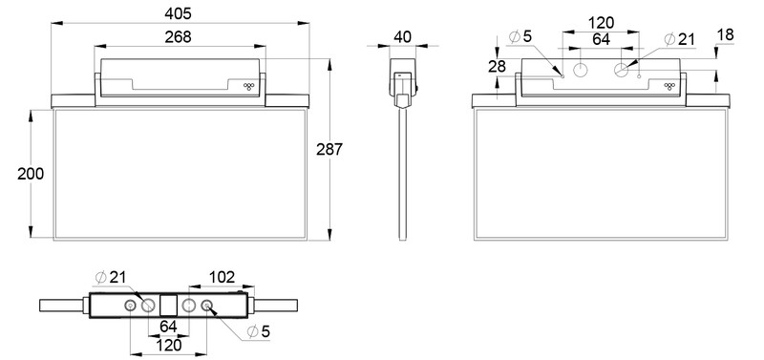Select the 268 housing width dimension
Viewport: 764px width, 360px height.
(178, 37)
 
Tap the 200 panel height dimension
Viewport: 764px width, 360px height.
(16, 173)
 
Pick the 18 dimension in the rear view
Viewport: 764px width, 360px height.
(725, 34)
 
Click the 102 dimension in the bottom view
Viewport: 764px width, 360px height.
(222, 277)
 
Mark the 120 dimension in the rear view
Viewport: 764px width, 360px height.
(600, 21)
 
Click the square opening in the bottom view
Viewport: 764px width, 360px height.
(168, 306)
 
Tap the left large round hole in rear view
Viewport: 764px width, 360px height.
(581, 69)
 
